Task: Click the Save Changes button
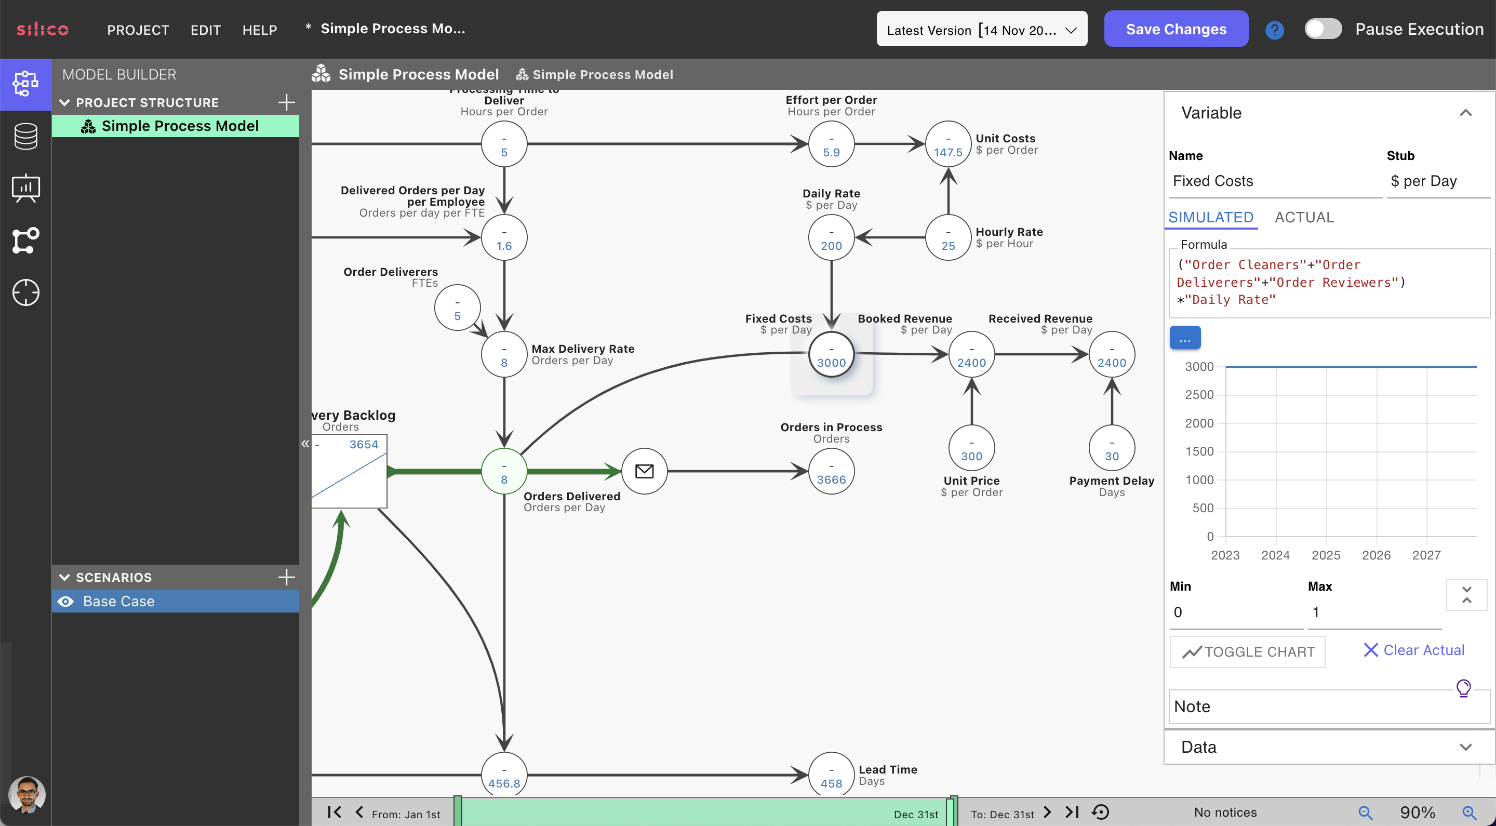point(1176,29)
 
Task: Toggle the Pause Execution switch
point(1323,29)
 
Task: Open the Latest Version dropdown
point(981,30)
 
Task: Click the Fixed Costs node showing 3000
point(831,355)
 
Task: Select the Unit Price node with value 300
point(971,448)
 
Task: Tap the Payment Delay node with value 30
point(1111,448)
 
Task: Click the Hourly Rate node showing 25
point(948,238)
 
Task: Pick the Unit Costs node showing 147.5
point(948,144)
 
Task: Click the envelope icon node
point(644,471)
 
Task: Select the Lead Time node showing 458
point(831,776)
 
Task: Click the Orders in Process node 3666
point(831,472)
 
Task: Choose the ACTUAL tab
point(1304,217)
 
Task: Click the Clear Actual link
point(1413,650)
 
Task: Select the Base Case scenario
point(118,601)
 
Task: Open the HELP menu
point(260,30)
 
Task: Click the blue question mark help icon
point(1274,30)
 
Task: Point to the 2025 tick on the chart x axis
point(1326,555)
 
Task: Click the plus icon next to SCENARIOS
point(286,577)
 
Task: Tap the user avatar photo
point(26,794)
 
